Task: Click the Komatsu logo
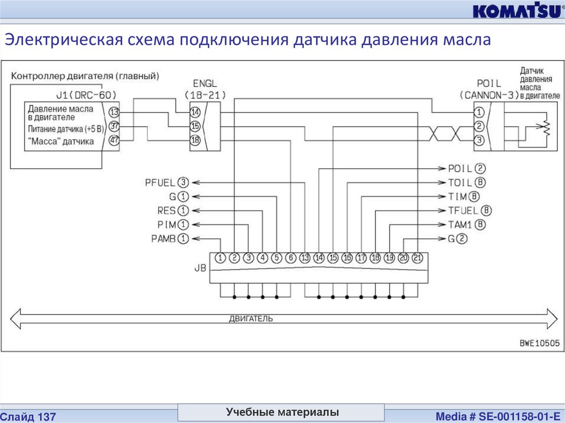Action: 515,12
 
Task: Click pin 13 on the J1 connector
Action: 114,111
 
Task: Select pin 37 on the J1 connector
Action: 114,127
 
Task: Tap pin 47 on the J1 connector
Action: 114,141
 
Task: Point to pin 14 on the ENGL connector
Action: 195,111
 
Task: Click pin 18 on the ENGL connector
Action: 195,140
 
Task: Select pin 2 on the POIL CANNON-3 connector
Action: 479,127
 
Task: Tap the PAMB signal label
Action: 162,239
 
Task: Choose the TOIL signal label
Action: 460,182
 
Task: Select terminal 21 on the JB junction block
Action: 417,258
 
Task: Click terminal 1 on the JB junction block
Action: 220,258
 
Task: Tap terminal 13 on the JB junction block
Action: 305,258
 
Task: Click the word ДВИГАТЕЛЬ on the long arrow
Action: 250,319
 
